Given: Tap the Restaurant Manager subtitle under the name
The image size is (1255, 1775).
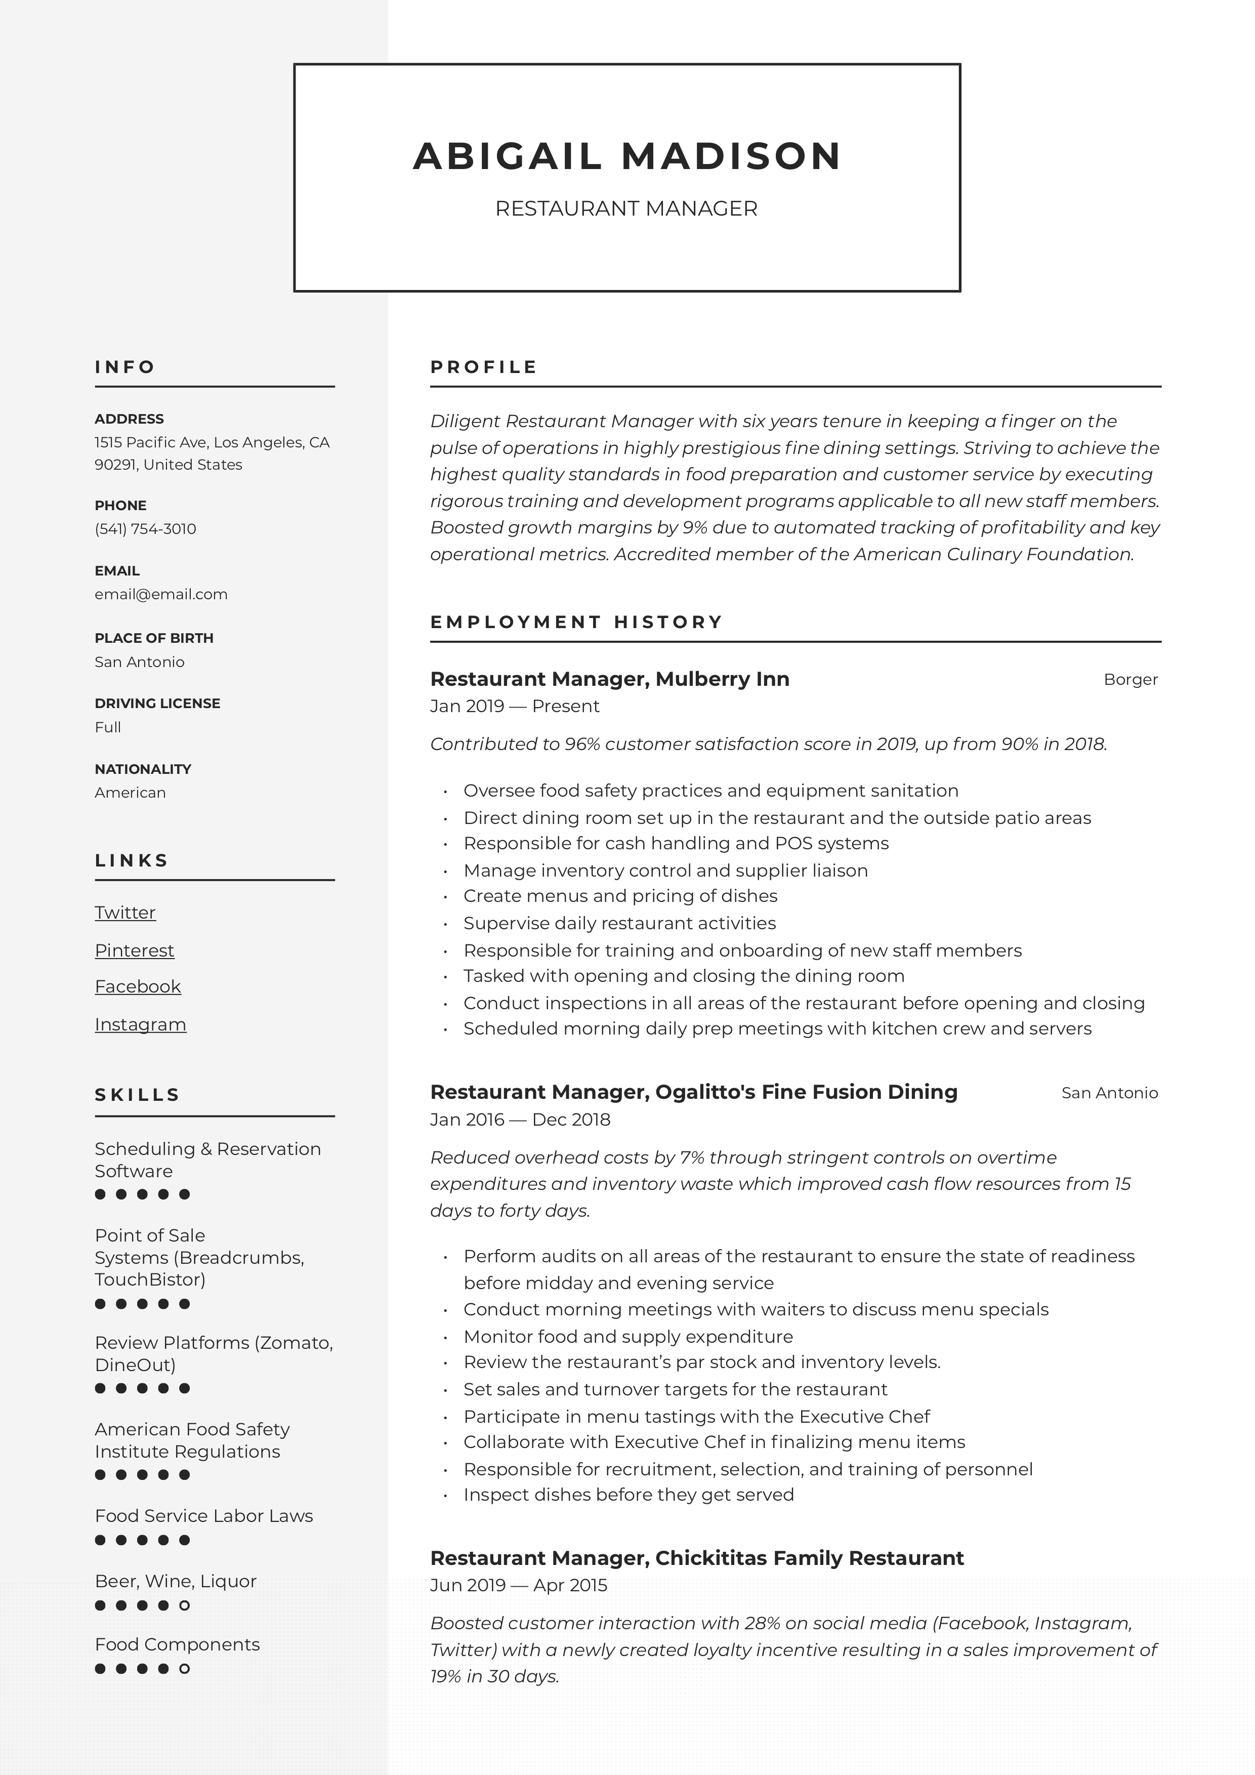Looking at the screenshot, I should tap(626, 209).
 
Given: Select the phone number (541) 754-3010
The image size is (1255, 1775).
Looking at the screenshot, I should tap(145, 529).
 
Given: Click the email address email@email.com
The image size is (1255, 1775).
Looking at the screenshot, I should tap(161, 595).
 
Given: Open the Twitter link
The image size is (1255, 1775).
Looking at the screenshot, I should tap(125, 913).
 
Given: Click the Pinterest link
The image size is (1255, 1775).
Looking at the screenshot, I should tap(135, 951).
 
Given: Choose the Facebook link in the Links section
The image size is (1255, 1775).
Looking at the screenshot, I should tap(138, 987).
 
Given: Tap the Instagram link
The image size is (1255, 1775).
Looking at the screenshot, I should tap(141, 1025).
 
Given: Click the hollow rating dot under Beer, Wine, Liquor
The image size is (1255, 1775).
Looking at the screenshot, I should tap(185, 1605).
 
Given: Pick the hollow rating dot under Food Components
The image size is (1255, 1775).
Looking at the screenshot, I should tap(185, 1669).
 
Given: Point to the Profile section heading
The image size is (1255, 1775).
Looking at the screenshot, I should tap(484, 367).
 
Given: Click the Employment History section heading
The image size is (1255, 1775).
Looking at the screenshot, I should tap(576, 623).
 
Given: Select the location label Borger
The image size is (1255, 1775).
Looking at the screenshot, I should tap(1131, 680).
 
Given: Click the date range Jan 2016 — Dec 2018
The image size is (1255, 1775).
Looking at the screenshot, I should tap(520, 1120).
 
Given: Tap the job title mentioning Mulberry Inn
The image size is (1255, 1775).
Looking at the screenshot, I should tap(610, 680).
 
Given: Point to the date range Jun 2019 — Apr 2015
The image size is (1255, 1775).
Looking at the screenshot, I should tap(519, 1586).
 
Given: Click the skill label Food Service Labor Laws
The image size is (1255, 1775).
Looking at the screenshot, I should tap(204, 1517).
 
